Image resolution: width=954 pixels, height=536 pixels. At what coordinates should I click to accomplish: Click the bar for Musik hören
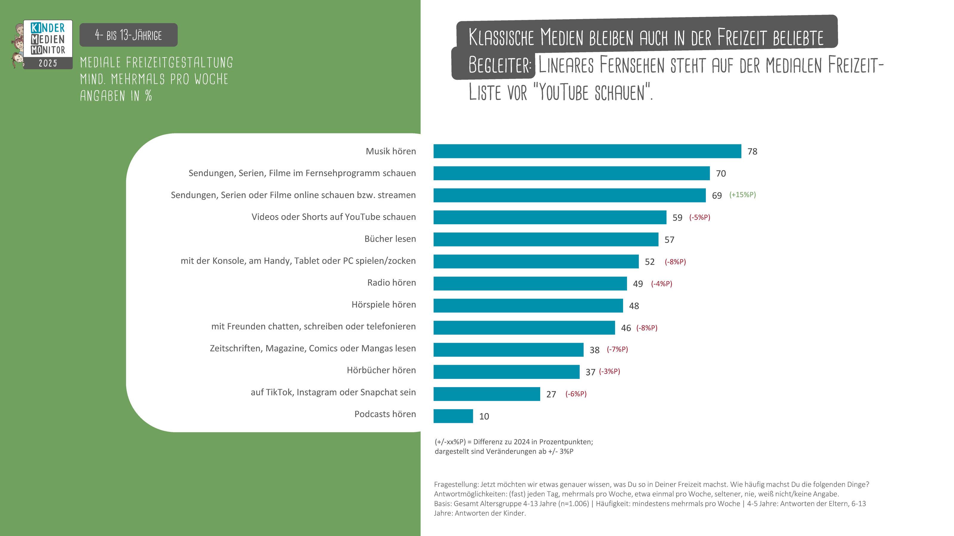[x=587, y=151]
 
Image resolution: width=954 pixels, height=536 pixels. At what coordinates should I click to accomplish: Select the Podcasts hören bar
[x=453, y=416]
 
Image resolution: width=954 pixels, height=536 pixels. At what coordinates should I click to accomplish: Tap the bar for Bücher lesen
[x=546, y=239]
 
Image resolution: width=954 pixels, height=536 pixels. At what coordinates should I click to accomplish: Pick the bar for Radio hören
[x=530, y=283]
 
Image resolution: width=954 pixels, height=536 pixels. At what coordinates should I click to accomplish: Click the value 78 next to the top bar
[x=752, y=152]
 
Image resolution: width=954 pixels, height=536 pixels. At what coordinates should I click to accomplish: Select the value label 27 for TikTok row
[x=551, y=394]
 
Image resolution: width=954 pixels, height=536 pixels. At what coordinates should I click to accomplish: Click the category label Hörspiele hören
[x=383, y=305]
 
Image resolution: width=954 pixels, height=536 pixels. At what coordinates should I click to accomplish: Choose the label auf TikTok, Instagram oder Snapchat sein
[x=333, y=392]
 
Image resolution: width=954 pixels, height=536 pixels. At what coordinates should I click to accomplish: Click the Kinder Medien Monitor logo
[x=48, y=39]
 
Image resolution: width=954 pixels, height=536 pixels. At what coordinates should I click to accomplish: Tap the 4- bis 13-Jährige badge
[x=128, y=35]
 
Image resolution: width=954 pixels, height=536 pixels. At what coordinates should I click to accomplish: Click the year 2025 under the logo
[x=48, y=63]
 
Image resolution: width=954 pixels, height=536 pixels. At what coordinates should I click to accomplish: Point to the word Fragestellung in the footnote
[x=456, y=484]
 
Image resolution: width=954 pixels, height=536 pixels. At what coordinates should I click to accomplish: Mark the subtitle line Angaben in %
[x=116, y=96]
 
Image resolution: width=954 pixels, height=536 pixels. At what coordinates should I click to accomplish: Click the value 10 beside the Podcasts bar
[x=484, y=416]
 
